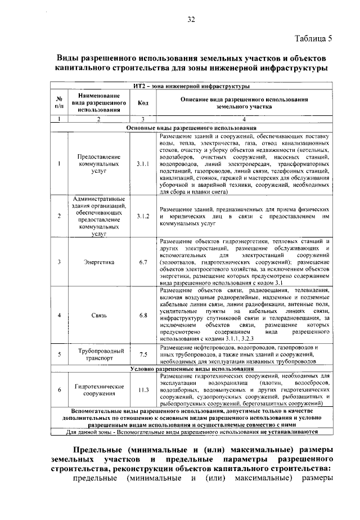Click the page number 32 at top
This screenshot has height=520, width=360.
[191, 20]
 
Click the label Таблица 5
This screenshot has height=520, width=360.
[313, 38]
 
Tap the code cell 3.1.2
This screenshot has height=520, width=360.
[143, 216]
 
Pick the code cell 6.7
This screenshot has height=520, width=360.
[143, 262]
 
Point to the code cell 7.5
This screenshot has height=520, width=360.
[143, 354]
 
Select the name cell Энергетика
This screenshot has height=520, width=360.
[95, 262]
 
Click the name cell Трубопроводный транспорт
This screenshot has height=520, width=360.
[95, 354]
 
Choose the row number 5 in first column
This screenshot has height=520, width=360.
[59, 354]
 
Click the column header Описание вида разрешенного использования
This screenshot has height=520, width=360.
[244, 102]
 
